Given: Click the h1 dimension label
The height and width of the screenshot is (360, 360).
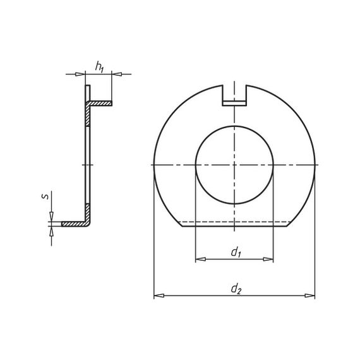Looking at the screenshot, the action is coord(100,67).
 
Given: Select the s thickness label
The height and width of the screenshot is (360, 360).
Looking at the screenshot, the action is coord(45,196).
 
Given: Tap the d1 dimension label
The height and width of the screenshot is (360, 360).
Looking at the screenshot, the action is coord(236,253).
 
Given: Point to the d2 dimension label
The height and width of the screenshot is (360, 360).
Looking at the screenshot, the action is coord(236,289).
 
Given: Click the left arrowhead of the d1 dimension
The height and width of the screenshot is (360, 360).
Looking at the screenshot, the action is coord(200,259).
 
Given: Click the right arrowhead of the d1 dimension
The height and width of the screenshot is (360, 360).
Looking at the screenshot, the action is coord(268,259).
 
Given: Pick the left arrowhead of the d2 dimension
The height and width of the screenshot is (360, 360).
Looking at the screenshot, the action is coord(159,296).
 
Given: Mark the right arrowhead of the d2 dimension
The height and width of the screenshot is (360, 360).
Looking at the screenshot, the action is coord(309,296).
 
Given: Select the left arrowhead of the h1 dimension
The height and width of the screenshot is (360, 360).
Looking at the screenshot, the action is coord(80,74).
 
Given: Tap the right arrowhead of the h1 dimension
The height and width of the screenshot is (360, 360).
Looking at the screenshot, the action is coord(117,74).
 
